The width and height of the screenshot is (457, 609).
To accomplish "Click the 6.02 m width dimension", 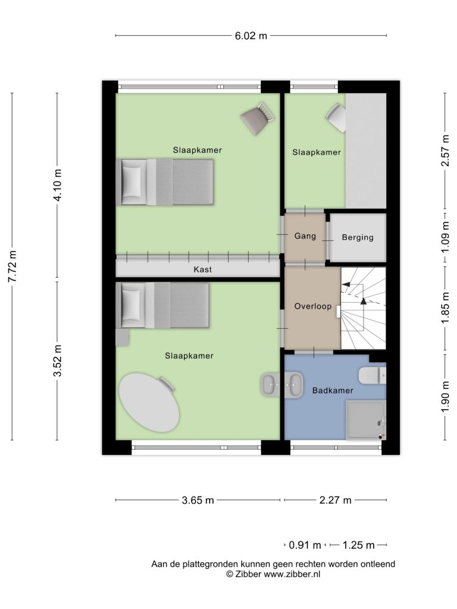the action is click(251, 36).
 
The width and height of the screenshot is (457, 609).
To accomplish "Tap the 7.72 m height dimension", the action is click(12, 266).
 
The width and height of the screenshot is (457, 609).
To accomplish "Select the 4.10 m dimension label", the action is click(58, 186).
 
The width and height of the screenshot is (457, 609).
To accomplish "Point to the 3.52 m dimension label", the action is click(58, 361).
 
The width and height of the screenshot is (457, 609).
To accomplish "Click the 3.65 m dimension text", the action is click(198, 500).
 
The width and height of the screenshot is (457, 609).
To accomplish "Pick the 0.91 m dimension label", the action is click(305, 545).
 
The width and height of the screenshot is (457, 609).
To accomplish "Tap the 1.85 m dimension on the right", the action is click(445, 307).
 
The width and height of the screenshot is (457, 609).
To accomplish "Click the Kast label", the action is click(202, 269).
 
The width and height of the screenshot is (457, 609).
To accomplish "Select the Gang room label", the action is click(305, 236).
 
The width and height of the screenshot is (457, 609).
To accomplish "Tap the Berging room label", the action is click(358, 237).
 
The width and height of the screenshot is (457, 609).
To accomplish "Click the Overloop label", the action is click(313, 306).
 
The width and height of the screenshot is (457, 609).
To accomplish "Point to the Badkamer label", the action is click(333, 391).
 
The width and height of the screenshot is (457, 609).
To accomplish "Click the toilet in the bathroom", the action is click(373, 376).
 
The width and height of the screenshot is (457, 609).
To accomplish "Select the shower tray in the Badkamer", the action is click(366, 420).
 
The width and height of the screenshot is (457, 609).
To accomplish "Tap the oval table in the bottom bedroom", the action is click(149, 403).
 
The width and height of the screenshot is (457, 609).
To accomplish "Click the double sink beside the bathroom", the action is click(282, 385).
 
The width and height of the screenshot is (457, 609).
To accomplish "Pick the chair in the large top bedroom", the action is click(258, 119).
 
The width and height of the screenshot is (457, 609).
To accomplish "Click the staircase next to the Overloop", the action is click(364, 309).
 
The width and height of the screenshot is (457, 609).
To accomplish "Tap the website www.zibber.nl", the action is click(292, 575).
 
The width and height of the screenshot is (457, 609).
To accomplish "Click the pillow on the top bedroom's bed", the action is click(132, 183).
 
